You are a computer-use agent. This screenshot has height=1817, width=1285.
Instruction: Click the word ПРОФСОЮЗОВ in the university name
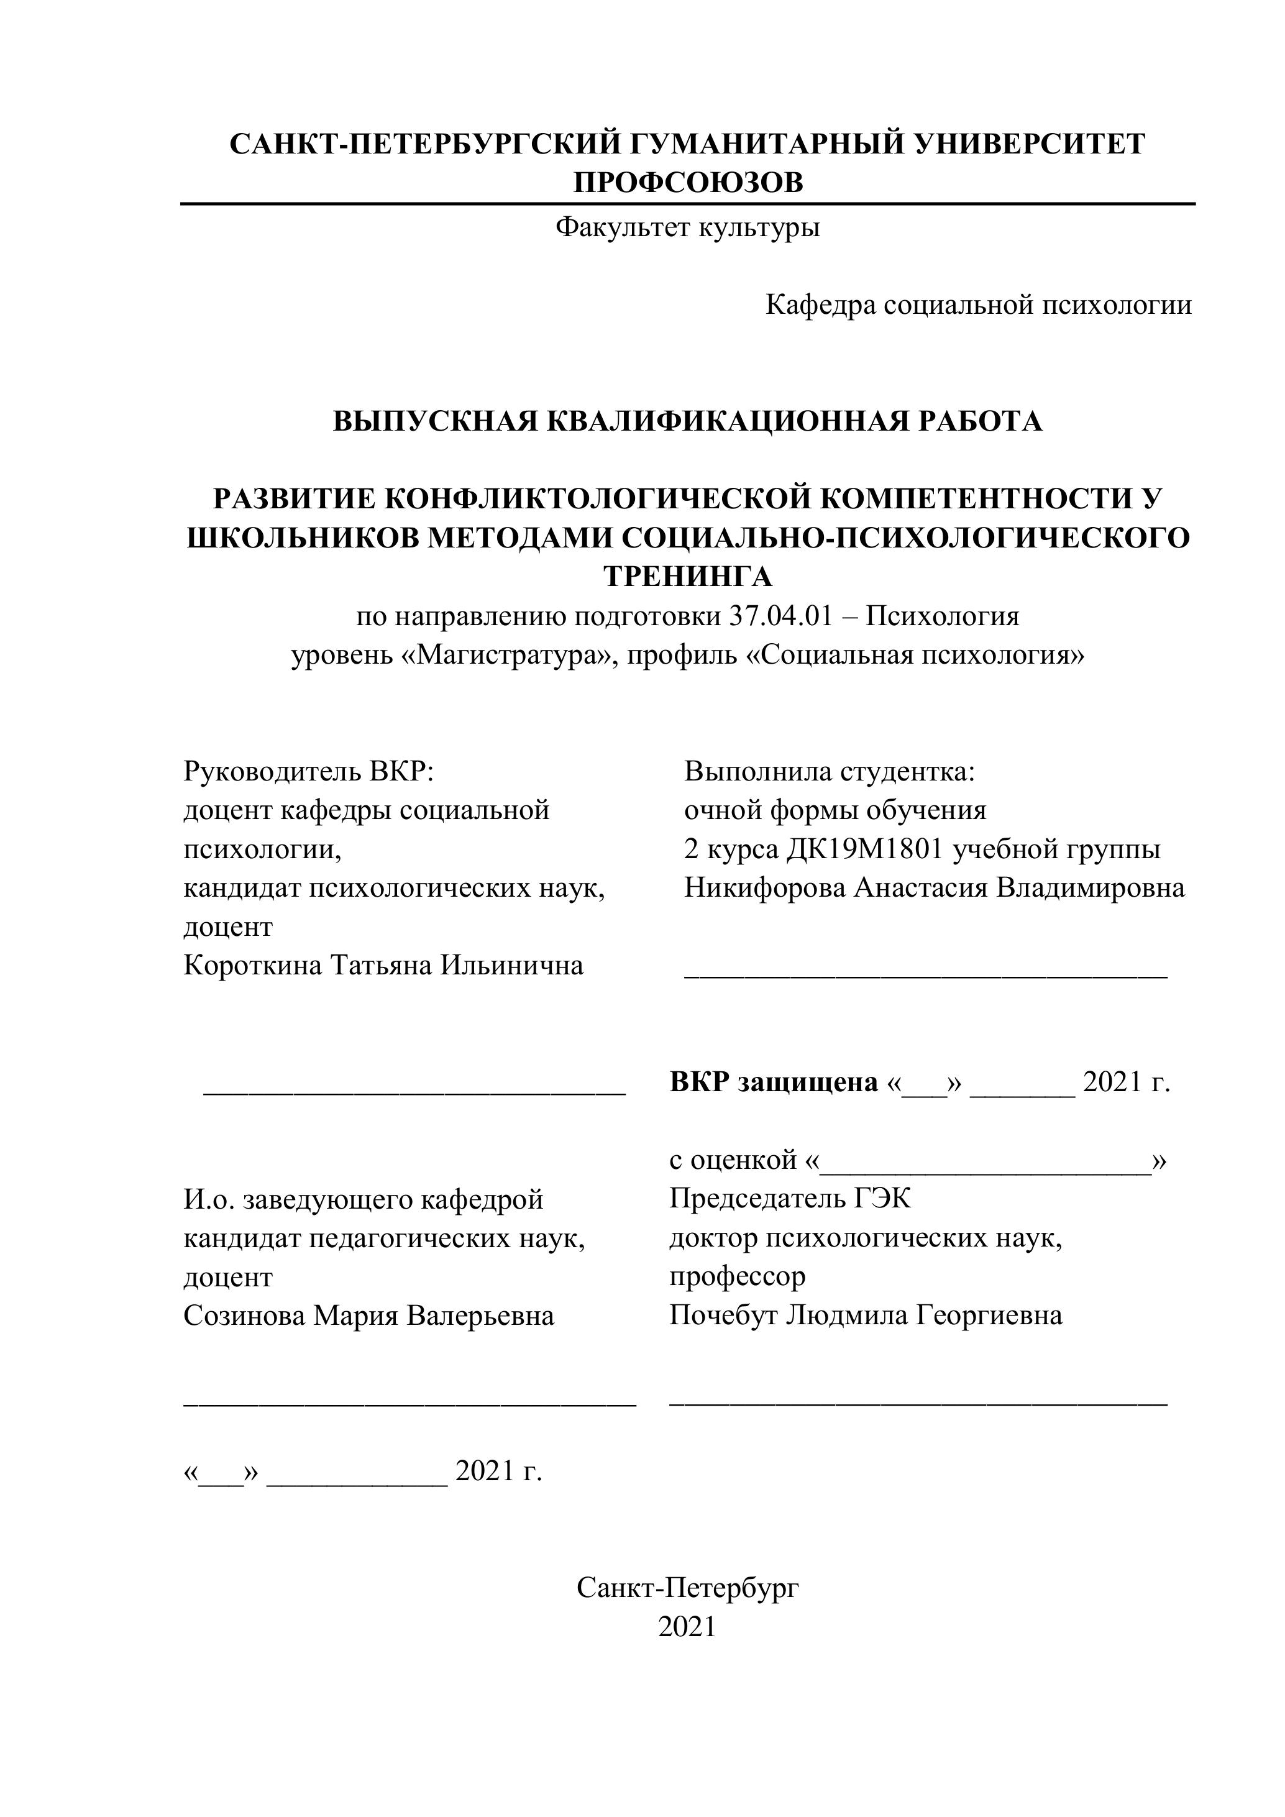688,183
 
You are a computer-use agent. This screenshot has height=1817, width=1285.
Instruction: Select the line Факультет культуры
688,228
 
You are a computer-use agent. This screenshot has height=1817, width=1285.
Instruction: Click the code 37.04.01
780,616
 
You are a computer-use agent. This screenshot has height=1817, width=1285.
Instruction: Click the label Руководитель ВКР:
309,771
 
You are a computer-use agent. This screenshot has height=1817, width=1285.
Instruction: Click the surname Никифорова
764,888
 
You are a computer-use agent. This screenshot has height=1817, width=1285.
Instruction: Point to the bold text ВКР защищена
773,1082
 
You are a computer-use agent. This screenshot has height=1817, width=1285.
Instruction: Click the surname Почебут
723,1316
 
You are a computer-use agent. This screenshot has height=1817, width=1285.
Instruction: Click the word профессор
737,1276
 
